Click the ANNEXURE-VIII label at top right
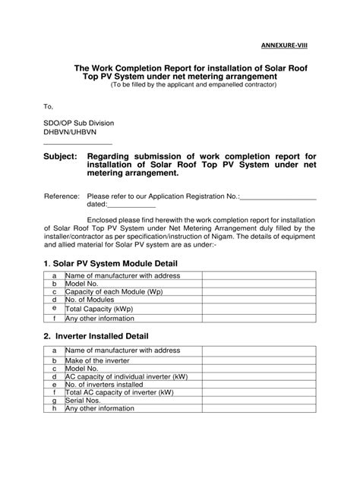[x=285, y=44]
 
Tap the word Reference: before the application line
[x=62, y=195]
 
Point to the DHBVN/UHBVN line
[x=71, y=132]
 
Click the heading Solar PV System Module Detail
[x=115, y=263]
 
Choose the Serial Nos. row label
[x=84, y=400]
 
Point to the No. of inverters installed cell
[x=110, y=385]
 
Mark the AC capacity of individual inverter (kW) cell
[x=126, y=376]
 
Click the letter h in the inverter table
[x=55, y=408]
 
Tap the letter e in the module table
[x=55, y=309]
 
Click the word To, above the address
[x=49, y=107]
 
